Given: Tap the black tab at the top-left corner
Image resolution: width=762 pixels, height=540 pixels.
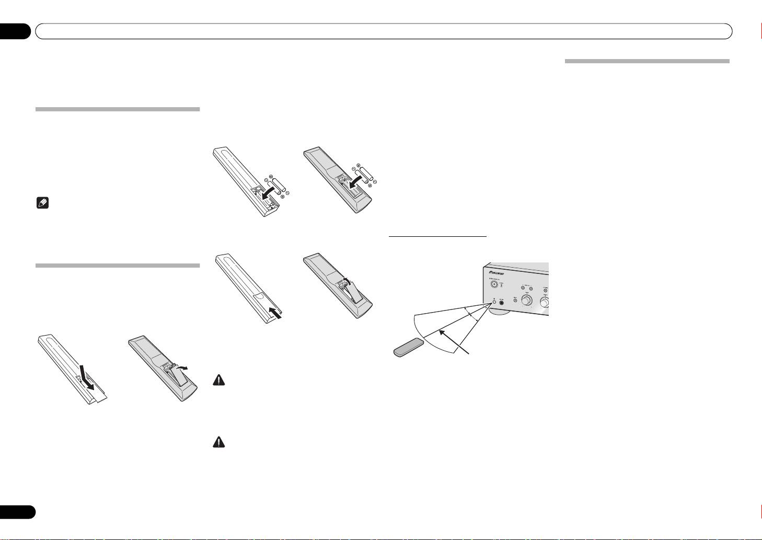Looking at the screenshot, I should [16, 31].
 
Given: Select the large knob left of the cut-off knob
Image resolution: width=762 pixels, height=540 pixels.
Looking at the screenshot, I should [526, 302].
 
